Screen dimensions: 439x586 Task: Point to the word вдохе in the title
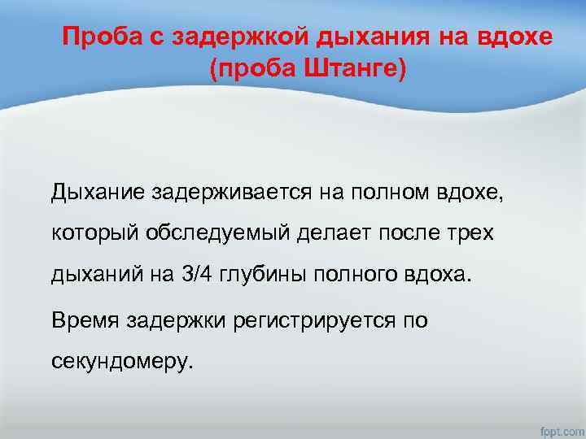[519, 37]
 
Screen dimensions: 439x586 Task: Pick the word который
[95, 233]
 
